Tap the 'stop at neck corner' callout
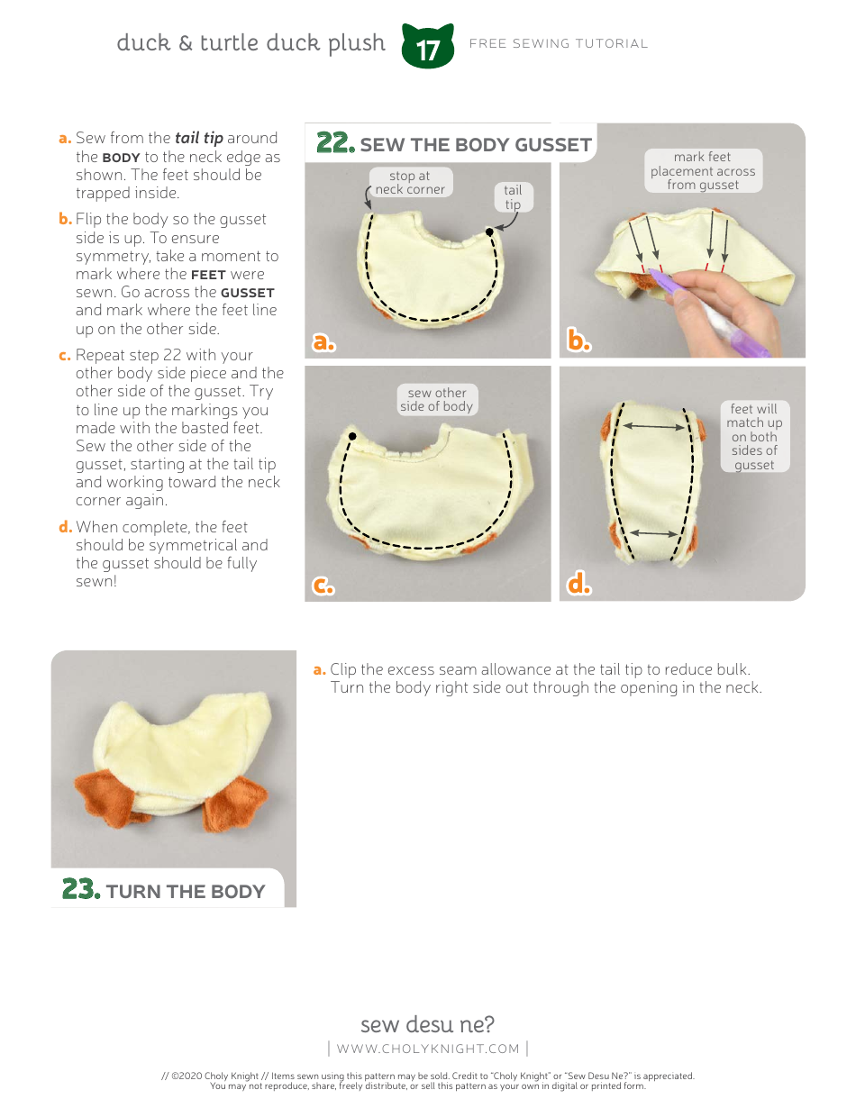coord(410,182)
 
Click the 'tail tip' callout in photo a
coord(513,196)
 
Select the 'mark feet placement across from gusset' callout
coord(703,170)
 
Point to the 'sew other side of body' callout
coord(437,399)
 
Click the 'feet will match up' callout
coord(754,436)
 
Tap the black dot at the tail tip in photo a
coord(489,232)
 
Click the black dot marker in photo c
coord(351,436)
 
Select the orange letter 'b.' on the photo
coord(578,340)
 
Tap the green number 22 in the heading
coord(335,142)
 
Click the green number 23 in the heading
coord(80,889)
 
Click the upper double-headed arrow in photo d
coord(653,426)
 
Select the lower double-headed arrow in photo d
coord(653,533)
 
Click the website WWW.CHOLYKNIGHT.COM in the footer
coord(428,1049)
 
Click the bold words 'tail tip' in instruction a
coord(199,138)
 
